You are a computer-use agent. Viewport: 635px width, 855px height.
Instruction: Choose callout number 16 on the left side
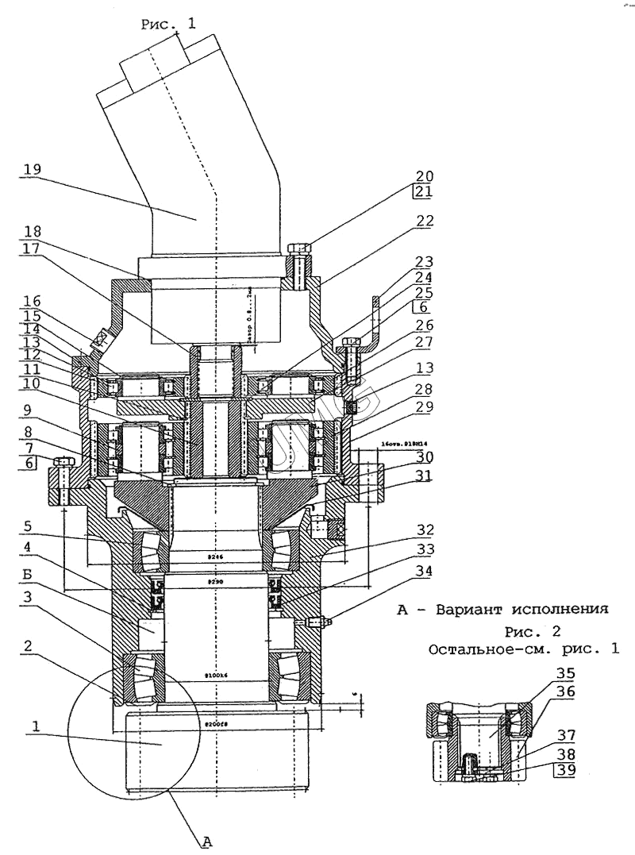tap(32, 302)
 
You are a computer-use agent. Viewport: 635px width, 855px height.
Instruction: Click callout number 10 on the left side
tap(32, 383)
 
